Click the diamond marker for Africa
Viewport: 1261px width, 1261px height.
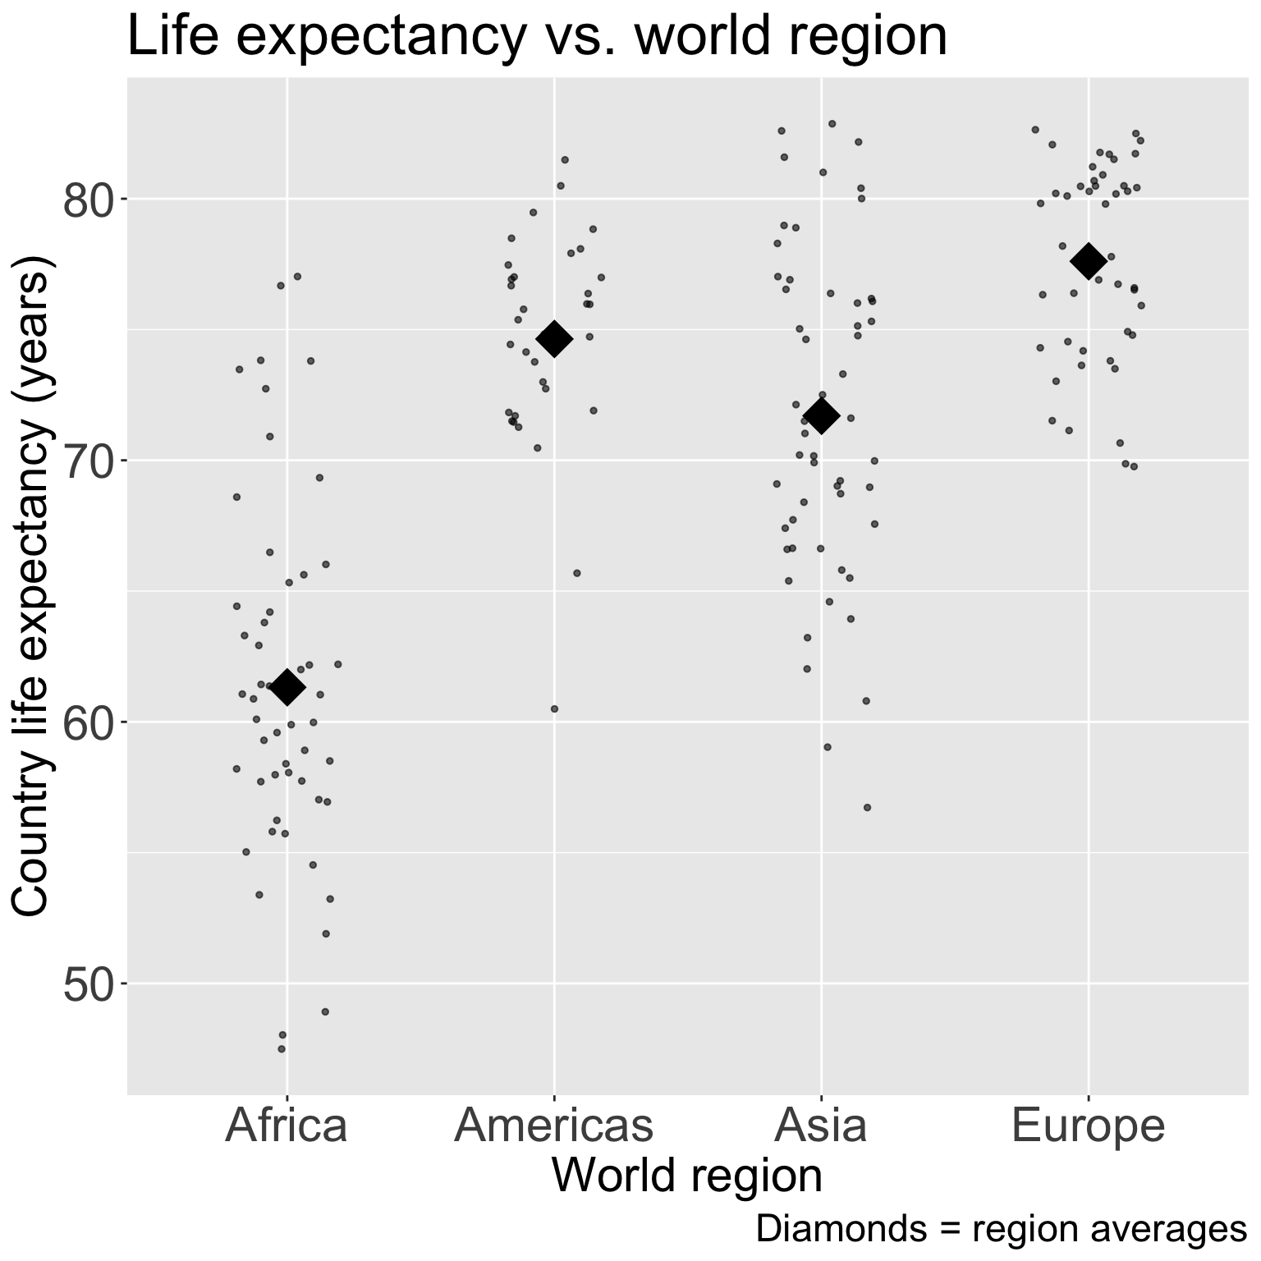pos(287,687)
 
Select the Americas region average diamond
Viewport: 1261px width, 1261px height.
pos(554,338)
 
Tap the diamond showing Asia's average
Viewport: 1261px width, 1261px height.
pos(821,416)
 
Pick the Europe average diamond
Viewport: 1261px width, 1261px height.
pos(1089,261)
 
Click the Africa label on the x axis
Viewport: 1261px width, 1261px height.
pos(287,1126)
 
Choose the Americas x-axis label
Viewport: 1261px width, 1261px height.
pos(554,1126)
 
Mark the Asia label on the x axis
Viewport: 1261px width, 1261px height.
pos(821,1126)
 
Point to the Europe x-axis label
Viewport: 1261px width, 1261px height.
pos(1089,1126)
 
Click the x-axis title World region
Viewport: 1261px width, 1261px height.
pos(686,1176)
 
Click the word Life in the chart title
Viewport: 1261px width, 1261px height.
pos(170,36)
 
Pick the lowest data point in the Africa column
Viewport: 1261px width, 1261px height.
pos(282,1048)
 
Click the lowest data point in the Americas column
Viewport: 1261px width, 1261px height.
pos(554,708)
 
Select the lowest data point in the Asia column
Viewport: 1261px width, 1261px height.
pos(867,807)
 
